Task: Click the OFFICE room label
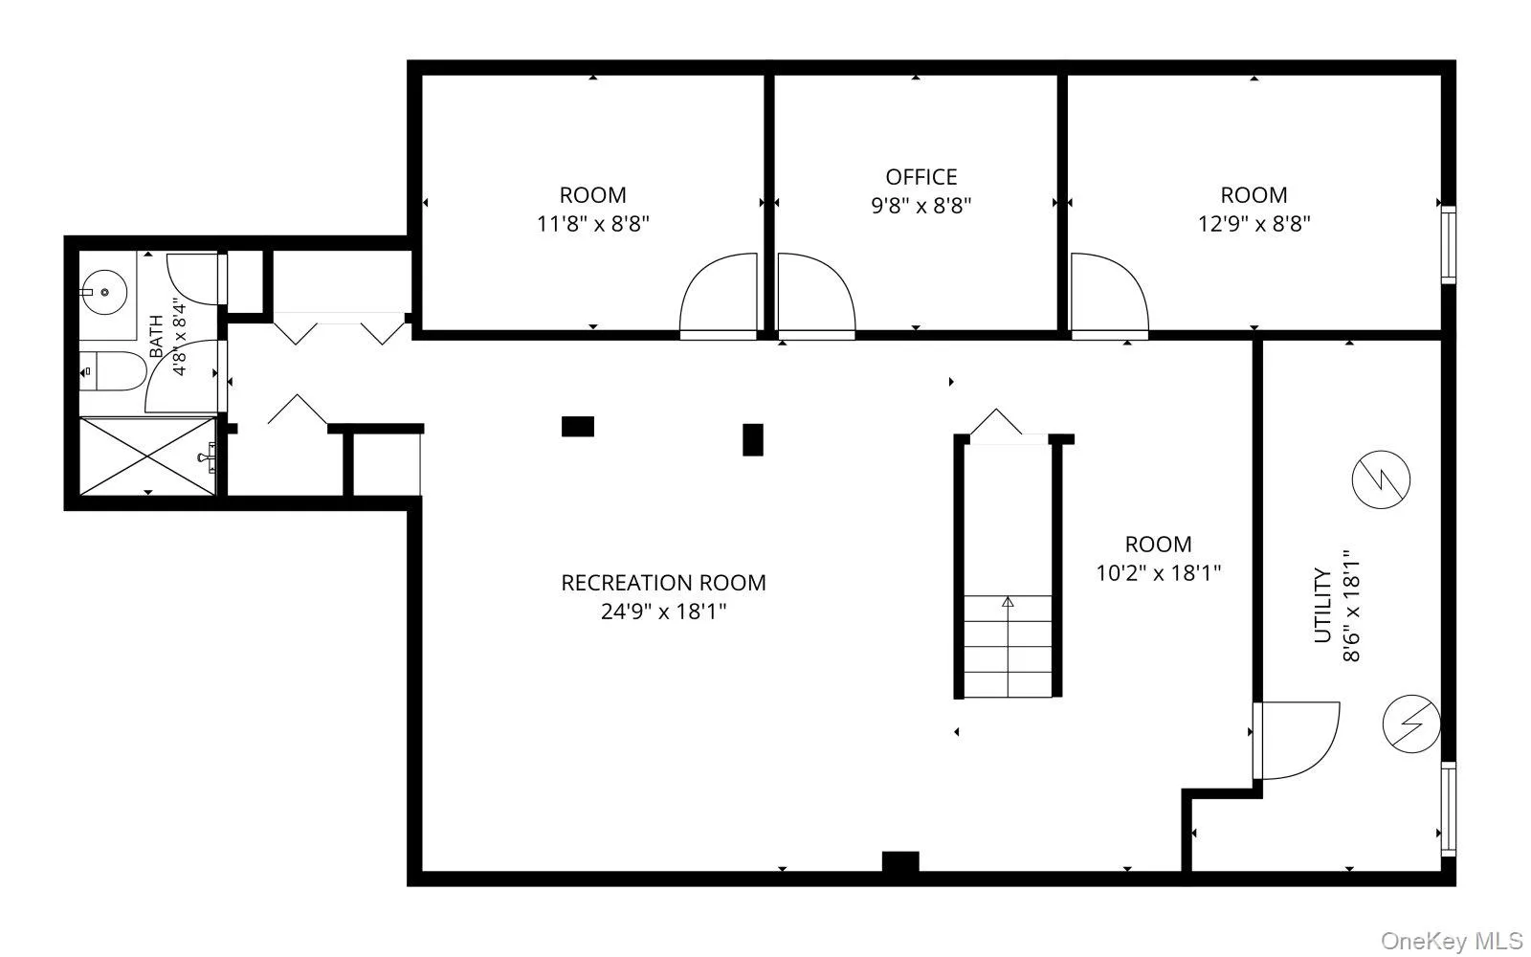coord(921,177)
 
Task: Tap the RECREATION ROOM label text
coord(663,583)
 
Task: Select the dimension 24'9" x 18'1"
coord(663,612)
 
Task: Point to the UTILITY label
coord(1323,606)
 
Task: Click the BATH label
coord(156,336)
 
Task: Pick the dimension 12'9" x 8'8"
coord(1254,224)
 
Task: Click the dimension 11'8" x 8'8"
coord(592,224)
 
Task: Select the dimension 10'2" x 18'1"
coord(1158,573)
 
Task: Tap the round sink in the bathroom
coord(104,292)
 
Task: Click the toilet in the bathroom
coord(113,371)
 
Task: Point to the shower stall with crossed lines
coord(147,456)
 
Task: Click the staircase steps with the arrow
coord(1008,647)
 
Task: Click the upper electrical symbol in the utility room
coord(1381,479)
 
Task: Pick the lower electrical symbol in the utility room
coord(1411,723)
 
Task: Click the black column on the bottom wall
coord(900,862)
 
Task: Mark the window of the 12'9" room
coord(1448,245)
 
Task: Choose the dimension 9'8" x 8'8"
coord(921,206)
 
